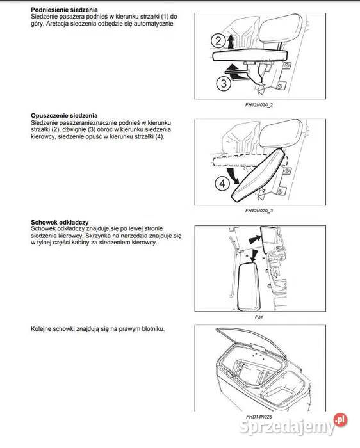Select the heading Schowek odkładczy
pos(60,221)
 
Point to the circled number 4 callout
pos(221,183)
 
